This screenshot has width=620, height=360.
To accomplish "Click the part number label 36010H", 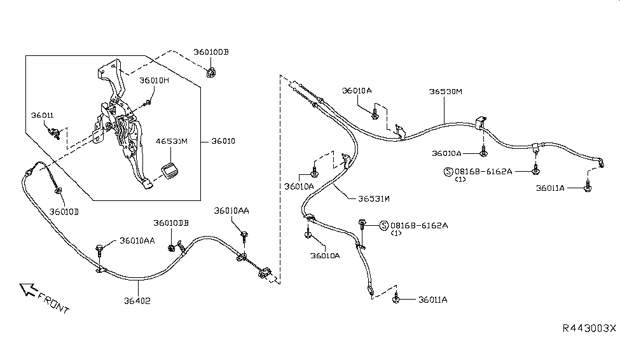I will [x=155, y=81].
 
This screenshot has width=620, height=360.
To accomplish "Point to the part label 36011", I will [x=43, y=115].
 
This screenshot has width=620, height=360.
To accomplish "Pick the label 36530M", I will [x=445, y=92].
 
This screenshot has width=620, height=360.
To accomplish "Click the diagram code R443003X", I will [x=589, y=328].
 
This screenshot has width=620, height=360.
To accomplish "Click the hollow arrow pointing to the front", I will [x=27, y=290].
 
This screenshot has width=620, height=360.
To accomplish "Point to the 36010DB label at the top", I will [x=211, y=52].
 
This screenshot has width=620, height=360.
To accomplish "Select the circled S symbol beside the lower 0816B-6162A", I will [x=384, y=225].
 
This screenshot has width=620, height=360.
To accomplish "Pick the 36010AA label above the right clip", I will [x=231, y=211].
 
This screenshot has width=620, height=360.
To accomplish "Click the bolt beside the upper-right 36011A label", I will [x=588, y=189].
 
